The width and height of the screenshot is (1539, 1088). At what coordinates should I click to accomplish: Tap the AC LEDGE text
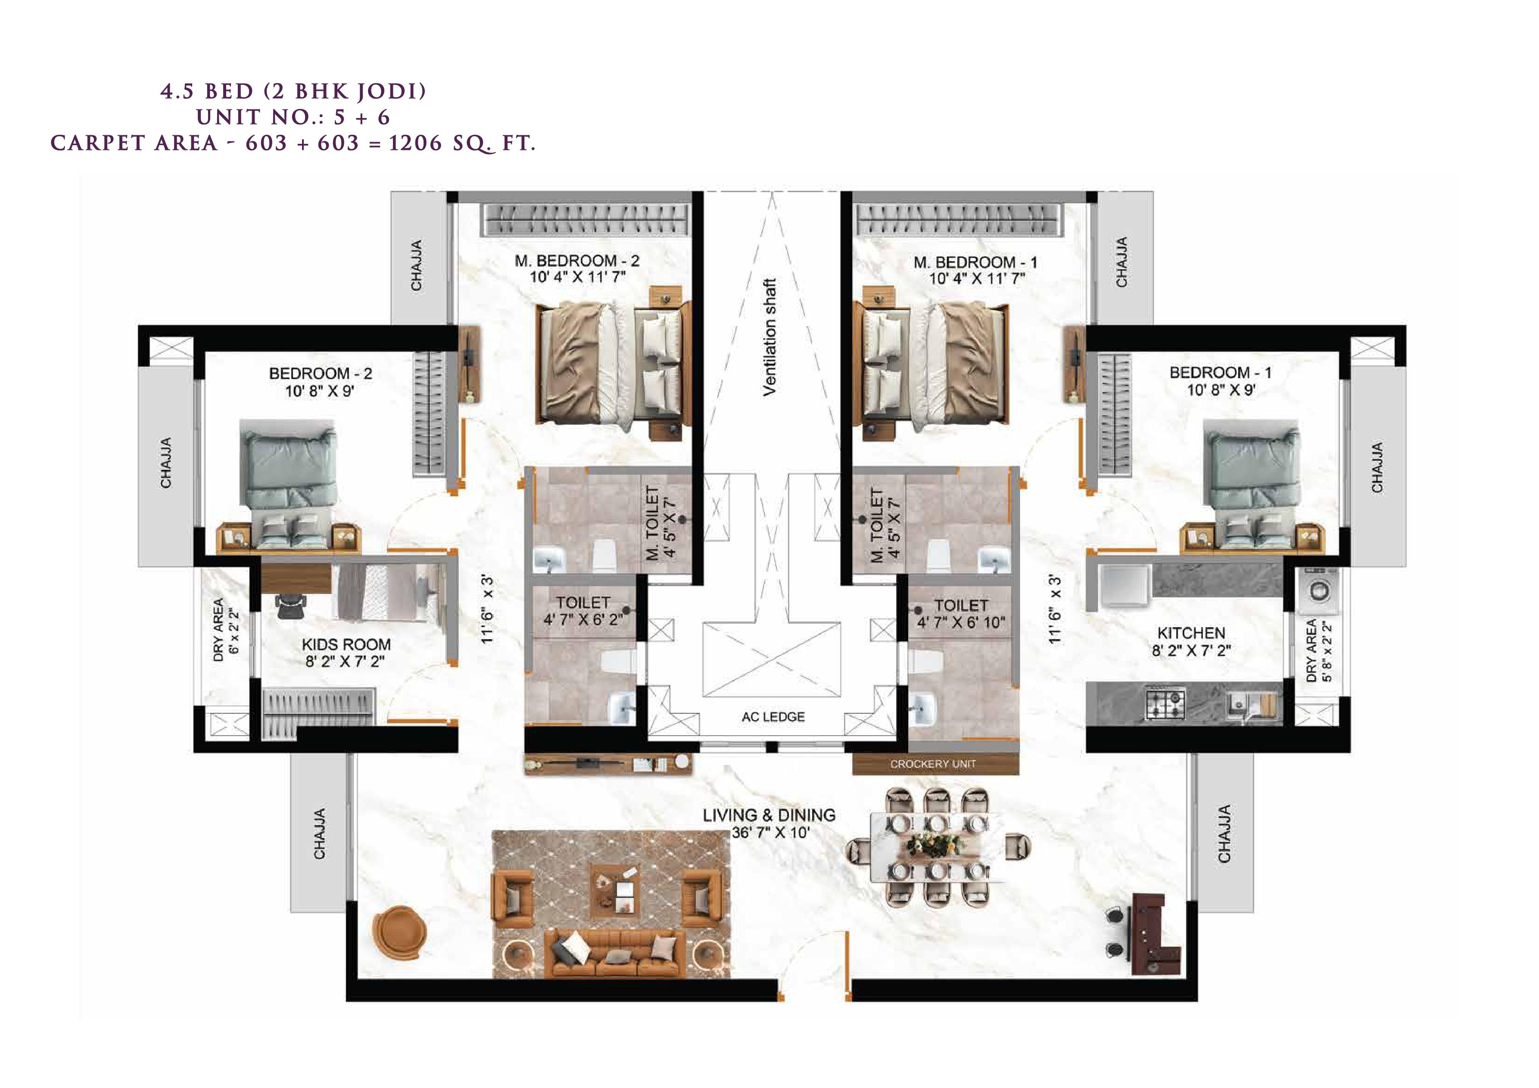773,717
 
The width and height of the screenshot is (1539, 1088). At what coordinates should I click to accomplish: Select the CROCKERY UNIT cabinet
935,764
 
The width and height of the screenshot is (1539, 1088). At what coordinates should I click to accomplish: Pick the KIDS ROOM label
346,644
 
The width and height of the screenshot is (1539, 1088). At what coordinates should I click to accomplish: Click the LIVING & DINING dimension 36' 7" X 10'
770,833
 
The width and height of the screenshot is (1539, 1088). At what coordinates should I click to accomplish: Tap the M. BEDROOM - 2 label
577,261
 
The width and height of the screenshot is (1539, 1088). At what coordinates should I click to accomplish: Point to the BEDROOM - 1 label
1220,373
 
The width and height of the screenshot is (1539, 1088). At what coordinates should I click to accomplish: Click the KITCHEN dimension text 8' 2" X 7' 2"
1191,650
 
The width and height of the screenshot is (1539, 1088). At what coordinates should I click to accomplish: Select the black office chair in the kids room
291,606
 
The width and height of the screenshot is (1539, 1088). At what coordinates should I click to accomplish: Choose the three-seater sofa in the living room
615,951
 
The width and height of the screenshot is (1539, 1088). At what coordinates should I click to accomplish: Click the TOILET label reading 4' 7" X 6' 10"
960,614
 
